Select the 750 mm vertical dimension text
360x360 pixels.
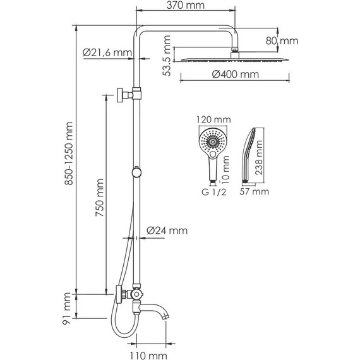click(x=99, y=196)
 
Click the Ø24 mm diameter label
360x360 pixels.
click(x=167, y=231)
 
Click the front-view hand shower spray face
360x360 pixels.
click(x=211, y=140)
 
